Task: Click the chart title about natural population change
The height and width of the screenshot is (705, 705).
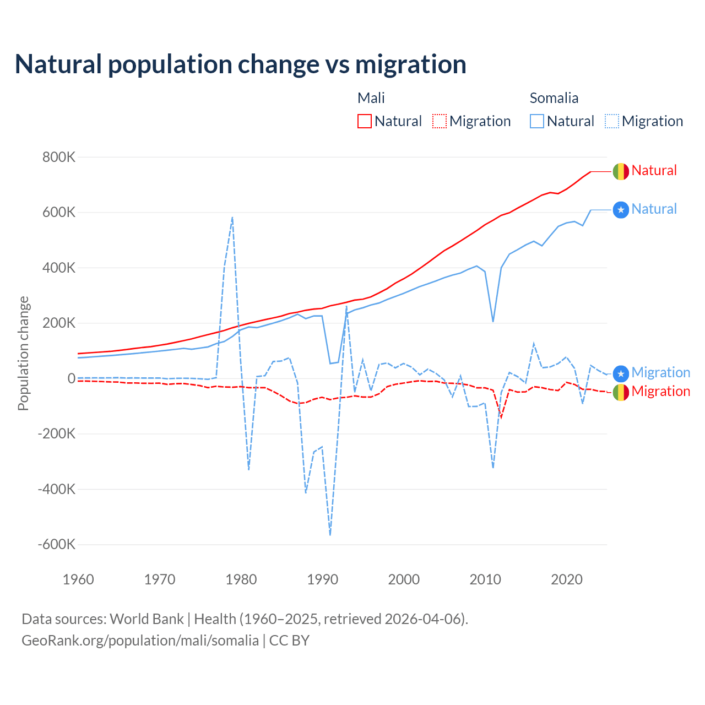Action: click(x=241, y=64)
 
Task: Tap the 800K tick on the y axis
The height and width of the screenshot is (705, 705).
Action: click(x=59, y=158)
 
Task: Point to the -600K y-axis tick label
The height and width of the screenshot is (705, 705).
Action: click(x=56, y=545)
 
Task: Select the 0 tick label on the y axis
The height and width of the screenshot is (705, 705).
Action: click(x=71, y=378)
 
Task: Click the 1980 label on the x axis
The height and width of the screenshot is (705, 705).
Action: click(x=241, y=579)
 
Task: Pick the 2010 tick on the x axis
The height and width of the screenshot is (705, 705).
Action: click(x=485, y=579)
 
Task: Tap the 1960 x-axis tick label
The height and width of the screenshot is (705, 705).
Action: click(x=79, y=579)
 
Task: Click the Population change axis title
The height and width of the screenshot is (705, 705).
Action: click(x=23, y=353)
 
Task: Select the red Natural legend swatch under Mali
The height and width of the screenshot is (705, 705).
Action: click(x=365, y=121)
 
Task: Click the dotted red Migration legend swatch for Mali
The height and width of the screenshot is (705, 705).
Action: click(x=440, y=121)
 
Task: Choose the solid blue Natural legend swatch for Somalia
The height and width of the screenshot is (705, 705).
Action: click(x=537, y=121)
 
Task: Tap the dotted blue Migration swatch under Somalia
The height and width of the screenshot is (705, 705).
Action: click(x=612, y=121)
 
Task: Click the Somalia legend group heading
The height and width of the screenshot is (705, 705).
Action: click(x=554, y=98)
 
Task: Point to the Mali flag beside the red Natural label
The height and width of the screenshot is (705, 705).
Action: click(x=621, y=171)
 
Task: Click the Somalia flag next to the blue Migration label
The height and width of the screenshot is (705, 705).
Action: click(x=621, y=374)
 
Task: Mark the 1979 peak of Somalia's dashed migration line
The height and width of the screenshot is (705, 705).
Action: click(x=232, y=218)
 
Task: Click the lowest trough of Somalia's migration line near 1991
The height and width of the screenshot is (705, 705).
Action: click(x=330, y=534)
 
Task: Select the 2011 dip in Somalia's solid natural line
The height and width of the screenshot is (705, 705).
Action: click(x=493, y=321)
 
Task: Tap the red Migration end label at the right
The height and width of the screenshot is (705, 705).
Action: click(x=660, y=392)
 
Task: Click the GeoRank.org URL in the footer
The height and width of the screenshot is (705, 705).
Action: click(x=140, y=641)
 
